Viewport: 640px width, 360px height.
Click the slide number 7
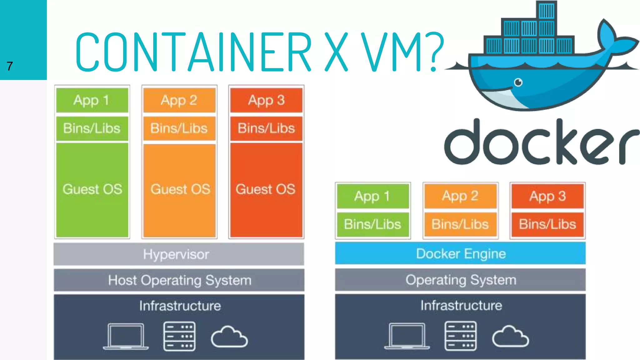coord(10,66)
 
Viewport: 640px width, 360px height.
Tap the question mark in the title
coord(437,52)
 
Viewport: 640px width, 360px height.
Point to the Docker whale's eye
coord(518,82)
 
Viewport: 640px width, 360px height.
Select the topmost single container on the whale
coord(546,10)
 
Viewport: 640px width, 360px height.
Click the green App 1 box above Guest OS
coord(92,100)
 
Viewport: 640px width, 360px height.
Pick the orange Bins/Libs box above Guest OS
coord(179,128)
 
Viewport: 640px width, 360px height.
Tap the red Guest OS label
coord(266,189)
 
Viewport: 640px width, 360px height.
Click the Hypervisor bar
coord(179,254)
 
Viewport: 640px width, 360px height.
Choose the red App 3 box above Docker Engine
coord(547,196)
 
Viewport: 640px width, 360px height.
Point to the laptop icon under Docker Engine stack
coord(407,336)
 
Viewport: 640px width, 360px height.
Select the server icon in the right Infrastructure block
coord(460,336)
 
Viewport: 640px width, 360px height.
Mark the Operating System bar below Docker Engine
coord(460,280)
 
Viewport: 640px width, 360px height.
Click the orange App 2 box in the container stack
coord(460,196)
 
